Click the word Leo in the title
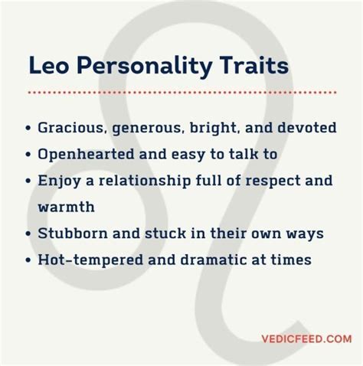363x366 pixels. coord(48,65)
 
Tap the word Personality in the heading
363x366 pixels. coord(145,67)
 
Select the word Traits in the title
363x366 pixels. coord(255,65)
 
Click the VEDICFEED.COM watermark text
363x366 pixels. coord(306,339)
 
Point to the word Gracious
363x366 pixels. coord(72,127)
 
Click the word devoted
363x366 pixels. coord(307,127)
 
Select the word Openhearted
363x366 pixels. coord(86,155)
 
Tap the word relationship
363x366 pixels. coord(145,181)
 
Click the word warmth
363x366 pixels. coord(67,207)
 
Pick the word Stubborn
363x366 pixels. coord(73,233)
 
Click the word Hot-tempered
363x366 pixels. coord(90,260)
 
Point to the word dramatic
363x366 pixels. coord(214,260)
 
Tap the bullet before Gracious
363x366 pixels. coord(28,128)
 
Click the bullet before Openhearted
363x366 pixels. coord(28,154)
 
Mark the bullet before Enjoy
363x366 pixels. coord(28,181)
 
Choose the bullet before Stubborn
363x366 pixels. coord(28,234)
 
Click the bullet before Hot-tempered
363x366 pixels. coord(28,260)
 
